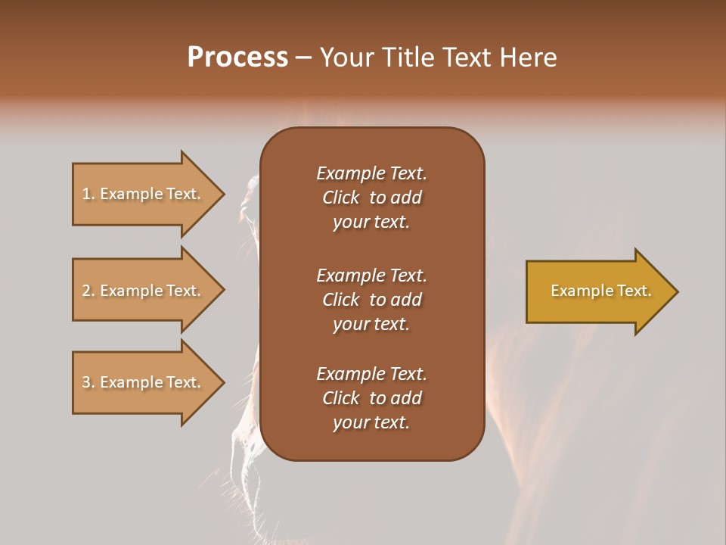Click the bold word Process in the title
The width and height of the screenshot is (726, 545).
tap(237, 58)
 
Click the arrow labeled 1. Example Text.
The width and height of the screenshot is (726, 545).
tap(144, 194)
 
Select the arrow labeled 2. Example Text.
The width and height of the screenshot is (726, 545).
tap(144, 291)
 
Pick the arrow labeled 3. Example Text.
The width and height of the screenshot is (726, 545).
tap(144, 382)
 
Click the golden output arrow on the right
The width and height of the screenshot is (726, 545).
tap(597, 291)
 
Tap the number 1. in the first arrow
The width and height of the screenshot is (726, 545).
tap(88, 194)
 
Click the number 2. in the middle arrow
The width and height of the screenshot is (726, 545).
tap(88, 291)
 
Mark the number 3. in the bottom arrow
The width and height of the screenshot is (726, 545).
tap(88, 382)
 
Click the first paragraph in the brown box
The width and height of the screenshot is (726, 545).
tap(371, 198)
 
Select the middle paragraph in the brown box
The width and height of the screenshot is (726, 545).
tap(371, 299)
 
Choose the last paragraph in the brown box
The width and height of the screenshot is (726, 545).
tap(371, 398)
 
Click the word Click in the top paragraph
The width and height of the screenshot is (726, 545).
tap(340, 198)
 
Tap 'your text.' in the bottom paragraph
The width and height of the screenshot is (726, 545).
tap(371, 422)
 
